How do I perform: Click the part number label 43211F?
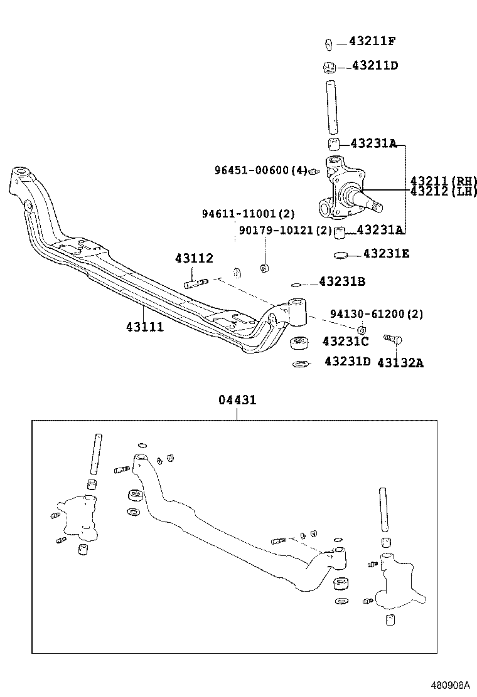(372, 42)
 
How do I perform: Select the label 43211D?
(375, 65)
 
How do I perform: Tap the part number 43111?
(144, 327)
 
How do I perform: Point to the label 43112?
(194, 258)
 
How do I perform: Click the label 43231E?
(386, 254)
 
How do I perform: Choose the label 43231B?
(342, 282)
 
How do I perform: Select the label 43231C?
(345, 341)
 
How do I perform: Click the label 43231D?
(348, 362)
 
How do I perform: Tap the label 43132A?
(400, 362)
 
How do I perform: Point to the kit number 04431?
(237, 400)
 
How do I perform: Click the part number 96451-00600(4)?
(260, 170)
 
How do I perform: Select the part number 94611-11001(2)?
(248, 214)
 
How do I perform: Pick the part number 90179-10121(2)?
(285, 230)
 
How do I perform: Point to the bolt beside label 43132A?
(395, 340)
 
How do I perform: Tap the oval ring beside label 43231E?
(341, 255)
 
